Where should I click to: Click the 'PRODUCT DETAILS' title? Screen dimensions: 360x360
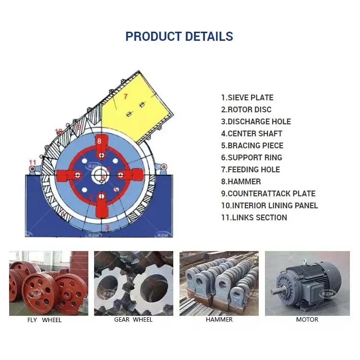point(179,36)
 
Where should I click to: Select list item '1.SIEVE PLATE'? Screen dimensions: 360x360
point(247,97)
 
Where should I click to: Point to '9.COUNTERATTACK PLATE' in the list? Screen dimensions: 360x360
point(268,193)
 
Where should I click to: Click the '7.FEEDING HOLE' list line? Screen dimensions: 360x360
point(250,169)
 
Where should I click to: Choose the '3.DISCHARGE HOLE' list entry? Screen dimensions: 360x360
point(256,121)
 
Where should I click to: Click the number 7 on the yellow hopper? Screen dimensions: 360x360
point(125,96)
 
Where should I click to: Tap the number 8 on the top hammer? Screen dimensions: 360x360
point(99,141)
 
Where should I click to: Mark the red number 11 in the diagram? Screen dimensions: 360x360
point(32,162)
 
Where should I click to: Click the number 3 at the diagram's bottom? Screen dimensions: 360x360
point(107,228)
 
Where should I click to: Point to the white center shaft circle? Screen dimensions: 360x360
point(102,174)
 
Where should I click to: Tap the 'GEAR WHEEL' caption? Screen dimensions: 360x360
point(133,320)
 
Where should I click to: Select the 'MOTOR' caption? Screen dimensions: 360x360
point(307,320)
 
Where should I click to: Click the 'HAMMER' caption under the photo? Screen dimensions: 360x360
point(219,320)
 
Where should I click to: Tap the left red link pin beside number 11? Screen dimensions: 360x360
point(32,169)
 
